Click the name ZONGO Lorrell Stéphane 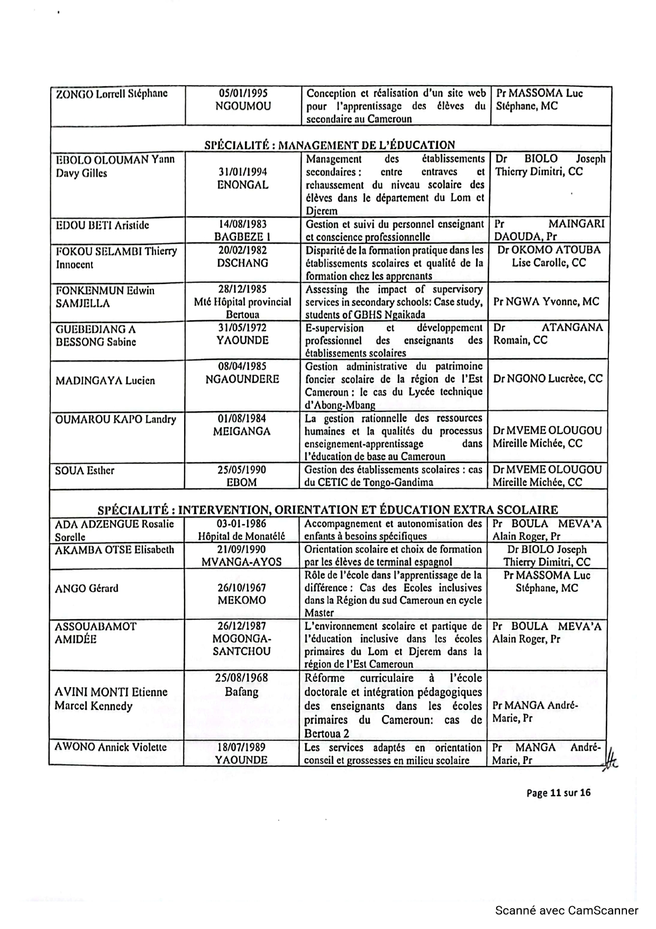(x=112, y=93)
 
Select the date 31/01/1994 (x=243, y=172)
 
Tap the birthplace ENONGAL (x=243, y=185)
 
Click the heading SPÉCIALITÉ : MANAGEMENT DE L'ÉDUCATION (x=330, y=145)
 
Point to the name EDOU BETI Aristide (x=102, y=225)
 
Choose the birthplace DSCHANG (x=243, y=263)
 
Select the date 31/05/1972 (x=243, y=328)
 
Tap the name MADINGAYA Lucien (x=105, y=380)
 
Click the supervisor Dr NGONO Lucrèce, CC (x=548, y=378)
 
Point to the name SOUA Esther (x=85, y=470)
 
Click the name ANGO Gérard (x=87, y=588)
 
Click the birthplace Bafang (x=241, y=691)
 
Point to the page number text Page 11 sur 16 (x=558, y=792)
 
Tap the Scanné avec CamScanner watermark (x=567, y=910)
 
